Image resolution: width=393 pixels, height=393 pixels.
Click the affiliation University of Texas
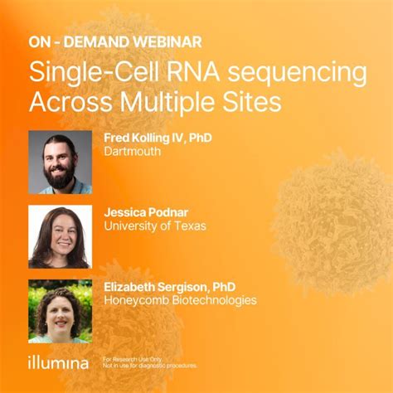point(155,226)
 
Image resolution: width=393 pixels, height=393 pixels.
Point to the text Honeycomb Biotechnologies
point(180,300)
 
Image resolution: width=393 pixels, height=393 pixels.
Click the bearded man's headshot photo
point(60,162)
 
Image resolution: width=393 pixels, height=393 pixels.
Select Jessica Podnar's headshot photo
point(60,236)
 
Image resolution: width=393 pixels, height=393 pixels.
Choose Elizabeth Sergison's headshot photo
point(60,311)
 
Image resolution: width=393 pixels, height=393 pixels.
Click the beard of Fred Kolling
point(60,176)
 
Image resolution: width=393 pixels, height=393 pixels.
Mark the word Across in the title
point(70,102)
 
